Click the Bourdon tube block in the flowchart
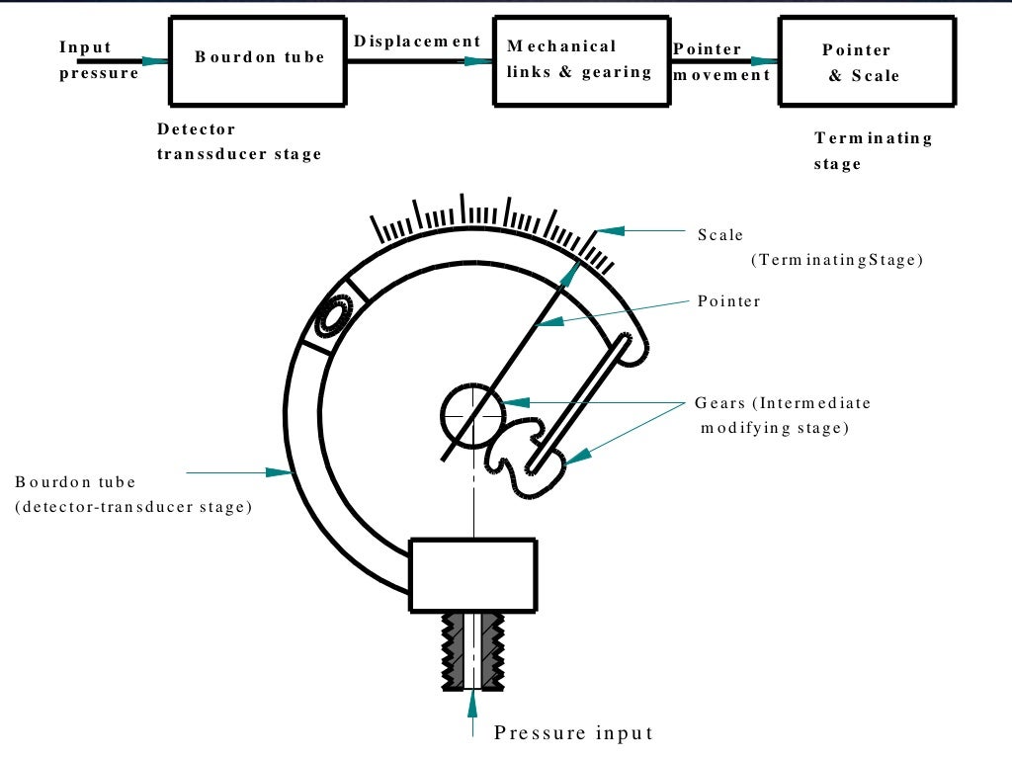[x=259, y=58]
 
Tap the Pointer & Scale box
[x=869, y=61]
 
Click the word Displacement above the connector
[x=417, y=42]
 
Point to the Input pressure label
[x=99, y=60]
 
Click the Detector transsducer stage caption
[x=239, y=141]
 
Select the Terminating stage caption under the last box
[x=873, y=150]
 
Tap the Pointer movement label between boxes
[x=721, y=61]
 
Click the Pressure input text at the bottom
[x=573, y=732]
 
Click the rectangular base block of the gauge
[x=473, y=574]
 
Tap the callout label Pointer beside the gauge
[x=728, y=301]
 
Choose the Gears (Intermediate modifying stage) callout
[x=782, y=415]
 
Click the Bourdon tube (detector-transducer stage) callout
[x=133, y=494]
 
